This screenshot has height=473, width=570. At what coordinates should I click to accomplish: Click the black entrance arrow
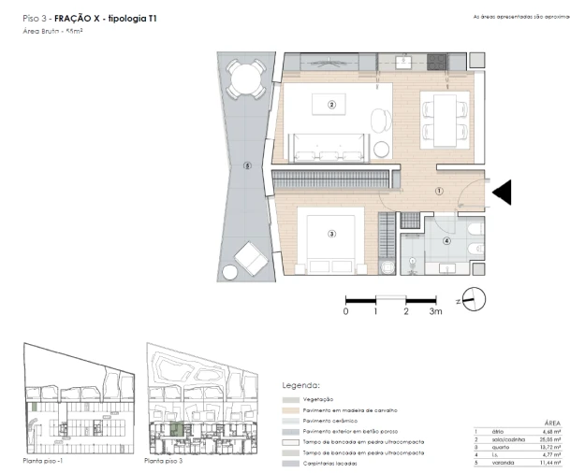click(503, 192)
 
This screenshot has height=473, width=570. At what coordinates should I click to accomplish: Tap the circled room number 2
click(331, 106)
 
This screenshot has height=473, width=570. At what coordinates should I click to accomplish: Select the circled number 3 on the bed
click(331, 234)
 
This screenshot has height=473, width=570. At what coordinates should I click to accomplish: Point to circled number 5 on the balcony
click(246, 167)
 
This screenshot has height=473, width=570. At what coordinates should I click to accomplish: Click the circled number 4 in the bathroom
click(446, 241)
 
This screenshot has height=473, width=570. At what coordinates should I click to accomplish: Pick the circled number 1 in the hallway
click(437, 191)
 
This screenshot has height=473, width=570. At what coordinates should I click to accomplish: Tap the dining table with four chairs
click(441, 118)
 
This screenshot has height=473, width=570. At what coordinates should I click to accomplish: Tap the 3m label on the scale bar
click(435, 311)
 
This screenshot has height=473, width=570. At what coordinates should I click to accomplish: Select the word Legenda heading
click(300, 384)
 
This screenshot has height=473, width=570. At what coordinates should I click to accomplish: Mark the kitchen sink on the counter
click(403, 63)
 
